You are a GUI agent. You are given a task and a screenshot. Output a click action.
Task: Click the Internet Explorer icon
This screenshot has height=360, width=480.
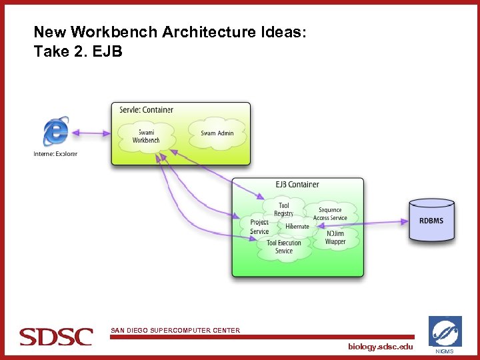click(55, 131)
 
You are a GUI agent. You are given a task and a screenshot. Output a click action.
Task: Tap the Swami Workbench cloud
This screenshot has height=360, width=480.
click(146, 136)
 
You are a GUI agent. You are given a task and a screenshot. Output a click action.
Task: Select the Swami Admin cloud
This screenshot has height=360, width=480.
click(217, 133)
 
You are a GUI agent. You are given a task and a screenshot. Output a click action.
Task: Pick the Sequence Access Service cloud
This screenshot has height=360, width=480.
click(331, 213)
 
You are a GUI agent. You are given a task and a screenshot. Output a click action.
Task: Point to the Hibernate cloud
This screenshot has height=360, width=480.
click(297, 227)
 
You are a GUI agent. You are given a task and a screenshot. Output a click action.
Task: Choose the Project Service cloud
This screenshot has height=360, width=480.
click(259, 227)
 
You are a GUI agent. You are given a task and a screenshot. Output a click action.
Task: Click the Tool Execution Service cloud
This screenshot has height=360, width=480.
click(284, 247)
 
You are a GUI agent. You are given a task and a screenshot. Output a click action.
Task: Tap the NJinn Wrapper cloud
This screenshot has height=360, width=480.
click(335, 238)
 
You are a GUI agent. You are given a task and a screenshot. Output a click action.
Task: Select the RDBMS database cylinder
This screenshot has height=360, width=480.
click(431, 221)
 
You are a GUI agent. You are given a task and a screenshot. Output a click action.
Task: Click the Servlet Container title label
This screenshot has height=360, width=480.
click(146, 110)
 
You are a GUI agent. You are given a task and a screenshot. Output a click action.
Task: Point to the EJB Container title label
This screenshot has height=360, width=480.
click(297, 185)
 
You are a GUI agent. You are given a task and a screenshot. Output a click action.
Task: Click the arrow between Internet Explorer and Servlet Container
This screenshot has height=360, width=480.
click(91, 133)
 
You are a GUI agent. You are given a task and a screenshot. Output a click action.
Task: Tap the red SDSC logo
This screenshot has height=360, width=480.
click(56, 336)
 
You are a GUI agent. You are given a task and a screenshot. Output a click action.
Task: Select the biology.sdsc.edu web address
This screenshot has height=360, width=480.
click(380, 347)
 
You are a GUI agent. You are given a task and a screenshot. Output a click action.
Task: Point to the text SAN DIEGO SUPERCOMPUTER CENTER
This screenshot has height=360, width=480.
click(175, 331)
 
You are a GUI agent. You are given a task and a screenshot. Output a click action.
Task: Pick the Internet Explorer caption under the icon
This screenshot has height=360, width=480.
click(55, 154)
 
